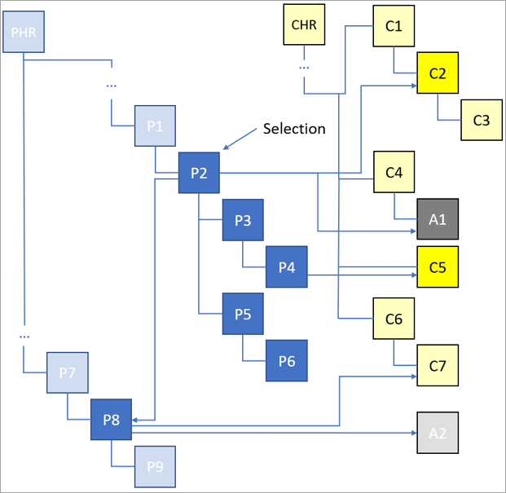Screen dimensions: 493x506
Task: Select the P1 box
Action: coord(156,126)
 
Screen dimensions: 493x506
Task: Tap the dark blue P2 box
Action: coord(199,173)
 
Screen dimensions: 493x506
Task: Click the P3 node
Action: coord(243,220)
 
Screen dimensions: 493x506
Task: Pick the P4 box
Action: coord(286,266)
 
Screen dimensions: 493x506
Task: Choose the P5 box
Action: coord(243,314)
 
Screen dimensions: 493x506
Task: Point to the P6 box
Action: coord(286,361)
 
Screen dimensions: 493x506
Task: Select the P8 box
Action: coord(111,420)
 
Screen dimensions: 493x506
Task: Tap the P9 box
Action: coord(155,467)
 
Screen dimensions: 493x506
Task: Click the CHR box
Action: coord(303,24)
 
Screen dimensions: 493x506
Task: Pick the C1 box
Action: coord(394,26)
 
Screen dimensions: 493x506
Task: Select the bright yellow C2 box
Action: coord(438,73)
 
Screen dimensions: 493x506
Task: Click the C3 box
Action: coord(482,120)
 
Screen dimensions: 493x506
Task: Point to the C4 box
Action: coord(394,172)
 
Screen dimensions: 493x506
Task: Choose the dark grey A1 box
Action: coord(438,219)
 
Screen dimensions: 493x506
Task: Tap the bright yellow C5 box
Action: coord(438,266)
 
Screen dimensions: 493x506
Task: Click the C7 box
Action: coord(438,366)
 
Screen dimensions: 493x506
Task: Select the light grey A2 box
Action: coord(438,433)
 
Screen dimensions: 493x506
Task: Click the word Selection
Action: coord(293,129)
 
